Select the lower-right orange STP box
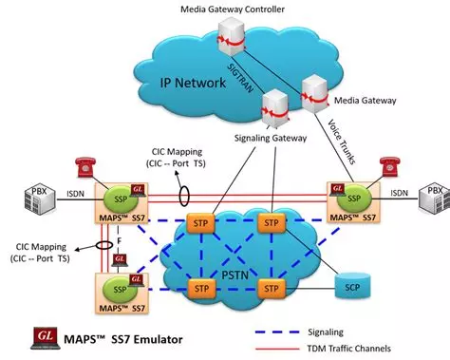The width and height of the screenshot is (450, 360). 270,286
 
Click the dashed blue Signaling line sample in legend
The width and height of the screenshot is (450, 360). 277,332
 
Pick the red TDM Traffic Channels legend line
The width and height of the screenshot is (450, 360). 277,349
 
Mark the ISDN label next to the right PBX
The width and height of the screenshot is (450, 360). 400,194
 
